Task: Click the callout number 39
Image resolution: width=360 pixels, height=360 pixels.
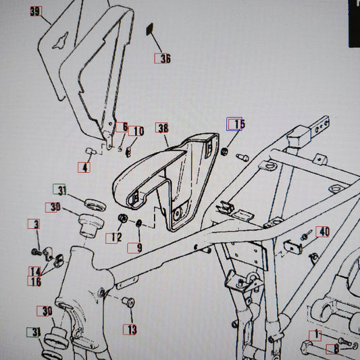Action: [36, 11]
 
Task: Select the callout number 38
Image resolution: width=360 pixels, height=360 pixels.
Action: [163, 128]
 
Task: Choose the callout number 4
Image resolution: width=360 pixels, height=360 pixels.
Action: [84, 168]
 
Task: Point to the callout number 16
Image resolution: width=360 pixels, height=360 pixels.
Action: [35, 281]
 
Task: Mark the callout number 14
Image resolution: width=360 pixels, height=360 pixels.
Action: [35, 272]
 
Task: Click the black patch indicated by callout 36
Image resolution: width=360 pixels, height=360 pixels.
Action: [150, 29]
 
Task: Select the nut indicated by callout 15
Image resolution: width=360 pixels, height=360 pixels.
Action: [224, 151]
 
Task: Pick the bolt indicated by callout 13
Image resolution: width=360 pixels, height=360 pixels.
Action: [128, 301]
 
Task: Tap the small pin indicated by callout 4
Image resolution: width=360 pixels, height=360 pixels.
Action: [91, 151]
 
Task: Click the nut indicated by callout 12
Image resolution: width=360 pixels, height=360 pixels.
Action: [123, 218]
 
